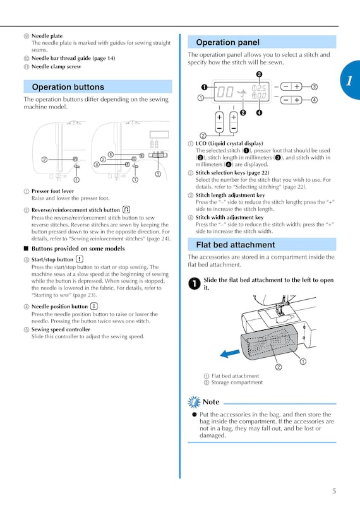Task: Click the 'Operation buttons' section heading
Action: [x=68, y=87]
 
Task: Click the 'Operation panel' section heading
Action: [x=227, y=42]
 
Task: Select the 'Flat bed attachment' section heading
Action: [x=236, y=245]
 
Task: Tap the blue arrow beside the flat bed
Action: [x=230, y=353]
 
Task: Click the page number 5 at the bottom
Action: [x=334, y=491]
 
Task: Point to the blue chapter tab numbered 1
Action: [x=351, y=80]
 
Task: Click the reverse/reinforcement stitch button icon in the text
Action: [x=126, y=210]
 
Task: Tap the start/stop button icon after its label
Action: [x=80, y=259]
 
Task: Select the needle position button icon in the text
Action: [x=93, y=306]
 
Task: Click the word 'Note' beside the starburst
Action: [x=211, y=402]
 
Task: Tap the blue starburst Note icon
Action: [x=195, y=402]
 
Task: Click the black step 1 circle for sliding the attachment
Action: [x=195, y=283]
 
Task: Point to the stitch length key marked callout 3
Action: [x=291, y=86]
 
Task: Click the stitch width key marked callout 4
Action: [x=291, y=100]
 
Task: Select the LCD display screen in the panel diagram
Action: [x=242, y=91]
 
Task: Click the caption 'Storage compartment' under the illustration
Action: [x=237, y=382]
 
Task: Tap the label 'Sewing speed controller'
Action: [x=61, y=329]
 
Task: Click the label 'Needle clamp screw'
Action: [x=56, y=67]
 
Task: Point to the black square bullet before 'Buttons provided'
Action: [x=27, y=249]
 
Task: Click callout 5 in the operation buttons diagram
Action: [x=158, y=174]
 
